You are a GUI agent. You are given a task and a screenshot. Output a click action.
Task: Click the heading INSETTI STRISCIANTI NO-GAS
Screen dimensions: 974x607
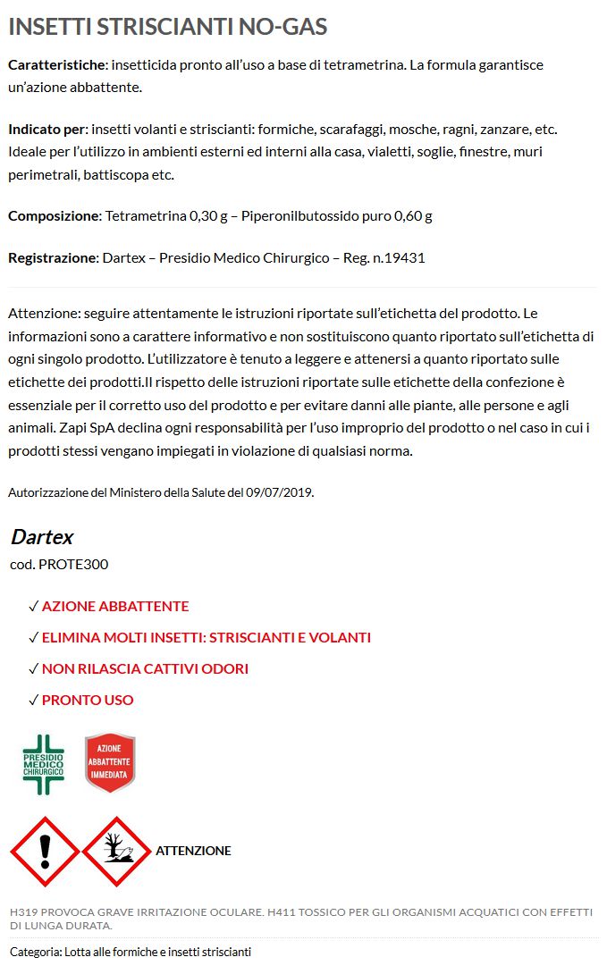167,27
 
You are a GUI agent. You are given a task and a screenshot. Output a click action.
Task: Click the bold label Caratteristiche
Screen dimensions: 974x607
56,65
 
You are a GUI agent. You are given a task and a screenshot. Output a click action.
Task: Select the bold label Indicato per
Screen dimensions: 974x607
47,129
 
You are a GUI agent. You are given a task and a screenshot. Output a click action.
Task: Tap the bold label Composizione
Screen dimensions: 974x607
53,215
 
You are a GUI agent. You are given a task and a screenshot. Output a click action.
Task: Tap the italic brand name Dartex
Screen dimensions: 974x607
42,537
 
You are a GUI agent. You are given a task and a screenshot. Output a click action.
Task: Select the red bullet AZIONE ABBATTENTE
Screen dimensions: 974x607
115,606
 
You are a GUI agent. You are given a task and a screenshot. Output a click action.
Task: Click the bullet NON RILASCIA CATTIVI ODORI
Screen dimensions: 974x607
145,668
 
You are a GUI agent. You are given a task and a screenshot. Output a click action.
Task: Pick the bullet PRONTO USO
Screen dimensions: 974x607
88,700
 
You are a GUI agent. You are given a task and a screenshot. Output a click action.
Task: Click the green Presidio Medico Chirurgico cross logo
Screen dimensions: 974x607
43,765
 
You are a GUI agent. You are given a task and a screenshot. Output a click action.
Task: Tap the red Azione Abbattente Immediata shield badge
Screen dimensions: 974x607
109,763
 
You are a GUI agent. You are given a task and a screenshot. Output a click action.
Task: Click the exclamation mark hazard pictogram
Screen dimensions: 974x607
44,851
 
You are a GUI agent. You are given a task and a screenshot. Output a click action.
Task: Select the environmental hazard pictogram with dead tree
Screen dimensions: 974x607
116,851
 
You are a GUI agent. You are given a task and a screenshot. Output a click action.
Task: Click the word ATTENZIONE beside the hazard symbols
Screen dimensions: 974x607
193,851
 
